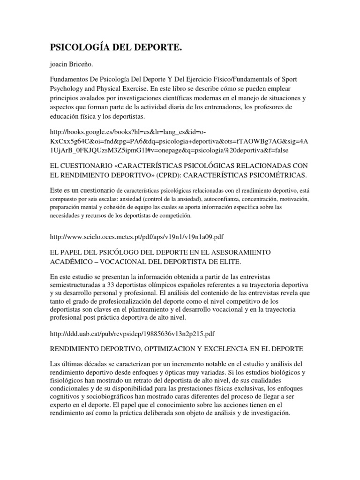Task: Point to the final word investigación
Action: click(x=268, y=415)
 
